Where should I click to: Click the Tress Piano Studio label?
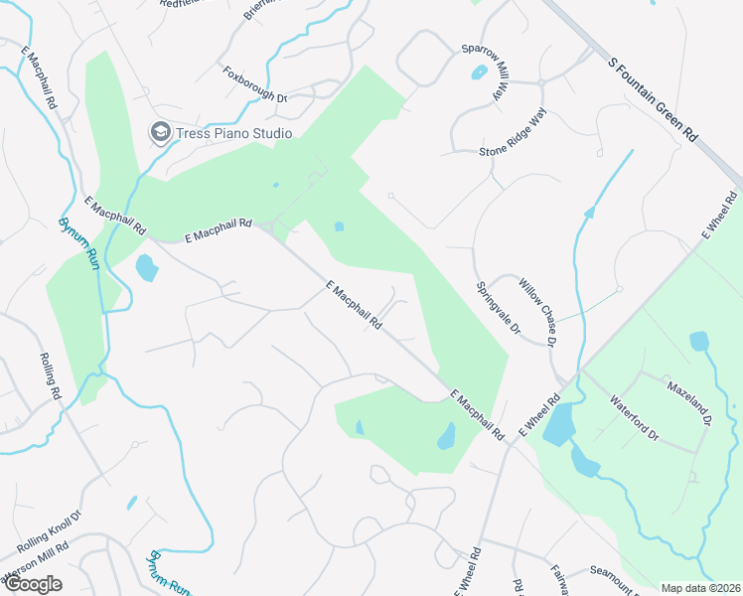233,133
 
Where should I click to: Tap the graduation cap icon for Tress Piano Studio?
159,132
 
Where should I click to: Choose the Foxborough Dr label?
255,83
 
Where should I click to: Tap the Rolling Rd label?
51,376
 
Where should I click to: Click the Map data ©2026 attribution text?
701,588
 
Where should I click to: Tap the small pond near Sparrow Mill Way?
480,73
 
